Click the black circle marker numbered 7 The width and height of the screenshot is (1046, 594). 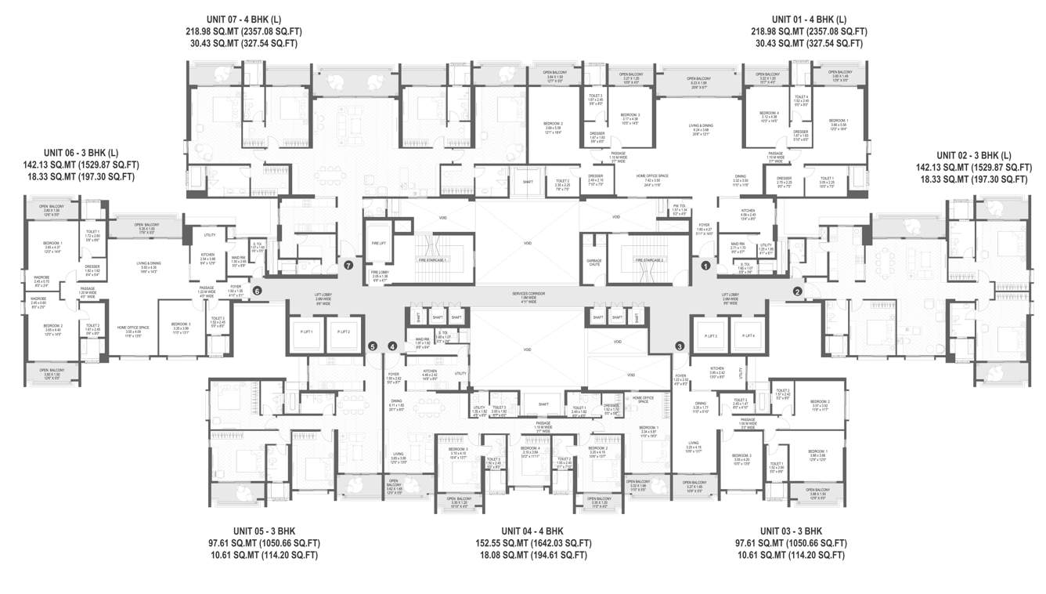pos(348,266)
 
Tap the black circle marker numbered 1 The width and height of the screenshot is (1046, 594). pos(705,266)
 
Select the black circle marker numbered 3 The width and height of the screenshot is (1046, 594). pos(680,346)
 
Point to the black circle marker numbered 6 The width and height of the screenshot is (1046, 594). pos(257,291)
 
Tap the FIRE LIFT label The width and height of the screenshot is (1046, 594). pos(378,244)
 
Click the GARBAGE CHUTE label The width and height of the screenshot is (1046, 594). pos(593,263)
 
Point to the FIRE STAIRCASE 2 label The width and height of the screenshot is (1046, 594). pos(649,259)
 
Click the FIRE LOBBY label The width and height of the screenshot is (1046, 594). pos(379,273)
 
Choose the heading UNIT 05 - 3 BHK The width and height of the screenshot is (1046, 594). pos(268,530)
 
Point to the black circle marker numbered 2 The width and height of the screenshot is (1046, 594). pos(798,292)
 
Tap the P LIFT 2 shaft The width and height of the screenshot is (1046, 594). pos(344,332)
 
